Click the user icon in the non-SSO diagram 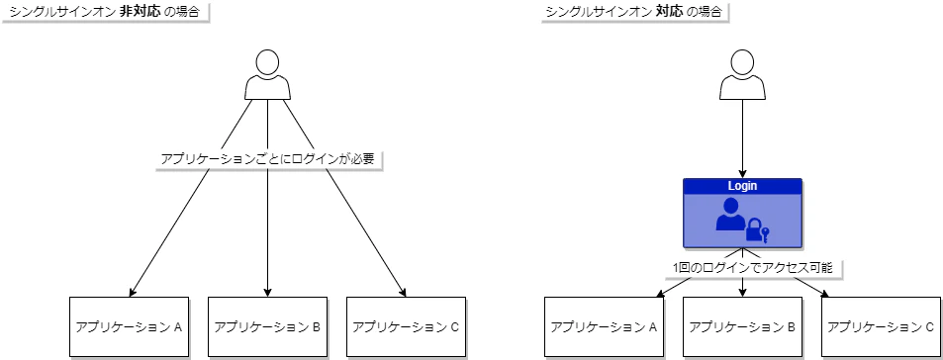(268, 75)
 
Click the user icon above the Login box (742, 75)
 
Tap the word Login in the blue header (742, 186)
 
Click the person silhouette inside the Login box (730, 215)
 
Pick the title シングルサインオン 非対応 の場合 (108, 13)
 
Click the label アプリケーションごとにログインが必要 (268, 158)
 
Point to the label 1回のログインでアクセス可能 (743, 267)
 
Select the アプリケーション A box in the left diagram (130, 325)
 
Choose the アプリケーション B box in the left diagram (268, 325)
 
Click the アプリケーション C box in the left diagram (406, 325)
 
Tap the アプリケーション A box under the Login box (605, 325)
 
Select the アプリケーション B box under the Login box (742, 325)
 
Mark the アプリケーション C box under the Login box (881, 325)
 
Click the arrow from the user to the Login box (742, 138)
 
